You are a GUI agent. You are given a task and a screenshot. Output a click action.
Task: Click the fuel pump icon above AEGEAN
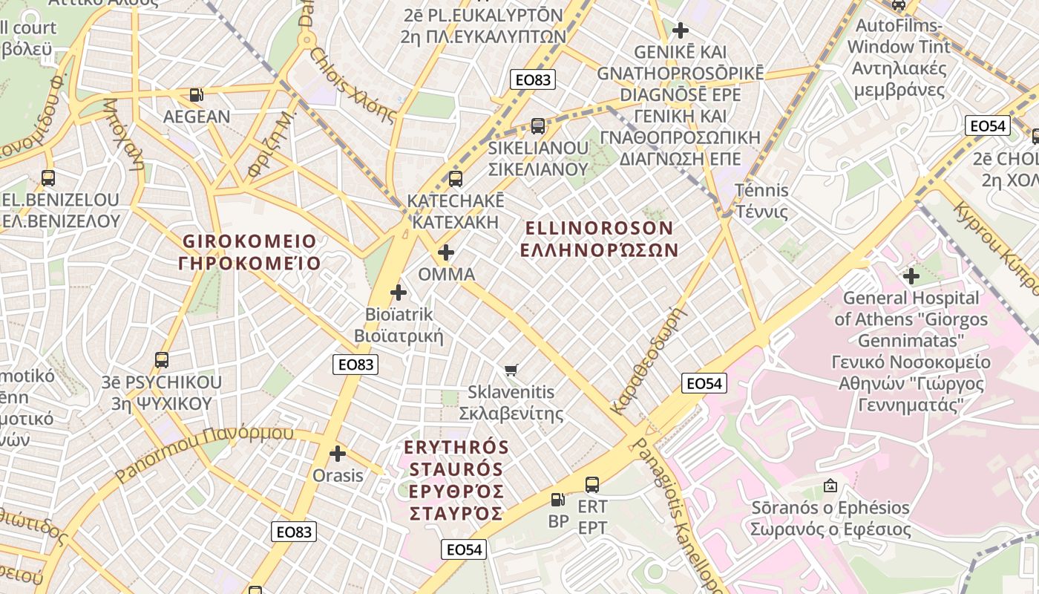[196, 95]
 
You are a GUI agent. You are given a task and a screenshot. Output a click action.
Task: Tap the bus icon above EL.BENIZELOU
[48, 178]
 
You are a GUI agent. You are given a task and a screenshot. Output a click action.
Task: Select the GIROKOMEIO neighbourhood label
[249, 252]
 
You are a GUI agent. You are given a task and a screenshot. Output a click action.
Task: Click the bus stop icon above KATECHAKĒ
[456, 179]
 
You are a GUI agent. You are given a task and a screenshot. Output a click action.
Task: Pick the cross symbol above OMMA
[446, 253]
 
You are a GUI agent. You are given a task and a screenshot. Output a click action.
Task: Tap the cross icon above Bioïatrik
[399, 293]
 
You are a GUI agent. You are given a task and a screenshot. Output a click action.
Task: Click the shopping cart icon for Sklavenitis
[511, 370]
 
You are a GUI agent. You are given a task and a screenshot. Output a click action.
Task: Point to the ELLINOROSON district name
[598, 238]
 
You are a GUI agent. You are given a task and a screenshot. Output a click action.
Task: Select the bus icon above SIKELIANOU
[538, 126]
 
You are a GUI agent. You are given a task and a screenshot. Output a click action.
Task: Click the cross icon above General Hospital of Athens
[911, 276]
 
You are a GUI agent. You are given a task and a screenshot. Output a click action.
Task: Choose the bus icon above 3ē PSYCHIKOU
[162, 361]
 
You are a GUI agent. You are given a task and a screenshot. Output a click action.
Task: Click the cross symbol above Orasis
[338, 453]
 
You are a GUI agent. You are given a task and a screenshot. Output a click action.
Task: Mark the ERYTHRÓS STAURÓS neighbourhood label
[456, 480]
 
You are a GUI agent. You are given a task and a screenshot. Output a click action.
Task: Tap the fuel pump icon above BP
[558, 500]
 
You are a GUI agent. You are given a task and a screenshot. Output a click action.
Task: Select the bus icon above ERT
[592, 485]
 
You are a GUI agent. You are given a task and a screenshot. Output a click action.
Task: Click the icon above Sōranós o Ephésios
[830, 486]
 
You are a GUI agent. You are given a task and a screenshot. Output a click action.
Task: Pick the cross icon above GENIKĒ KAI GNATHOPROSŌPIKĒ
[680, 30]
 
